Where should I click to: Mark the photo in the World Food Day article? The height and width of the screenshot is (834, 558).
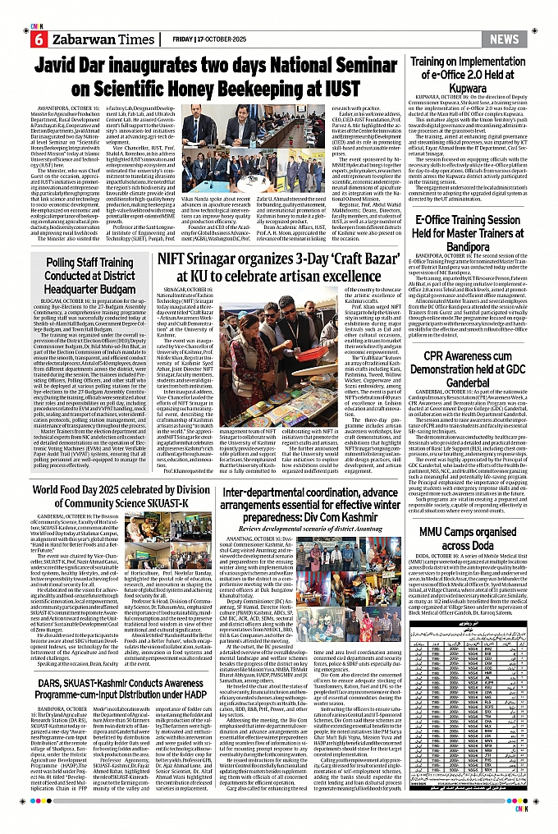[163, 574]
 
